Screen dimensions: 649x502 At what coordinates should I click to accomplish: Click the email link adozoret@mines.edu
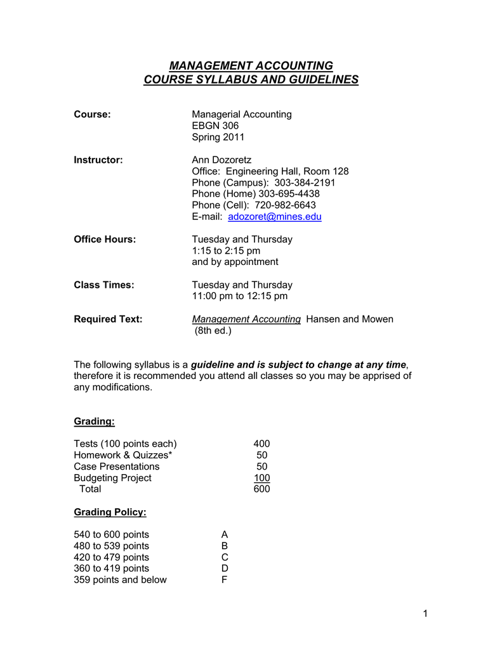coord(274,217)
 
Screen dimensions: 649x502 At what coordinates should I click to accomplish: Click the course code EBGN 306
coord(215,125)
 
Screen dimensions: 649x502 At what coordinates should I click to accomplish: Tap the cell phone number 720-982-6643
coord(285,205)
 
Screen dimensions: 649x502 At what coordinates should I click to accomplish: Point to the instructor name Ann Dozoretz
coord(221,160)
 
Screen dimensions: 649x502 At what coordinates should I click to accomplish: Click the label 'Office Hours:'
coord(105,239)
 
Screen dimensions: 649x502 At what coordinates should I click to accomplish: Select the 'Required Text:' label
coord(108,319)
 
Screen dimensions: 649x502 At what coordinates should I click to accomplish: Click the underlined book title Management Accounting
coord(246,319)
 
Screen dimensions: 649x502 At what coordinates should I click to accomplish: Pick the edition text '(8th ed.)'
coord(213,330)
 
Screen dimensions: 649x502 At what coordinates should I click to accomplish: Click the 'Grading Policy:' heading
coord(110,511)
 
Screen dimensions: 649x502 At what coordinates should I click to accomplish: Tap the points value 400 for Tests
coord(261,444)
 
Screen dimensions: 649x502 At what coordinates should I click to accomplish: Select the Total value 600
coord(261,489)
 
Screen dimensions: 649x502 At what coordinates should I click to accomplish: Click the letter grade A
coord(224,534)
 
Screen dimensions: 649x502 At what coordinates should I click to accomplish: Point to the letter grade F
coord(224,580)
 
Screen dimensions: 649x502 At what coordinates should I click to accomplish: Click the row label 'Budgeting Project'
coord(112,478)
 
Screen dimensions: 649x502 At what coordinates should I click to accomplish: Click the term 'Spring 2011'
coord(218,137)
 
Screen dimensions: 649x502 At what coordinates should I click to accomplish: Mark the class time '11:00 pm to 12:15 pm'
coord(239,296)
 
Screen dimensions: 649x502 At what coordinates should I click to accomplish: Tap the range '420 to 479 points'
coord(111,557)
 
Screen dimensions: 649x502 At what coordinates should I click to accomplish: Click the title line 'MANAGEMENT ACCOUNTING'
coord(251,66)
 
